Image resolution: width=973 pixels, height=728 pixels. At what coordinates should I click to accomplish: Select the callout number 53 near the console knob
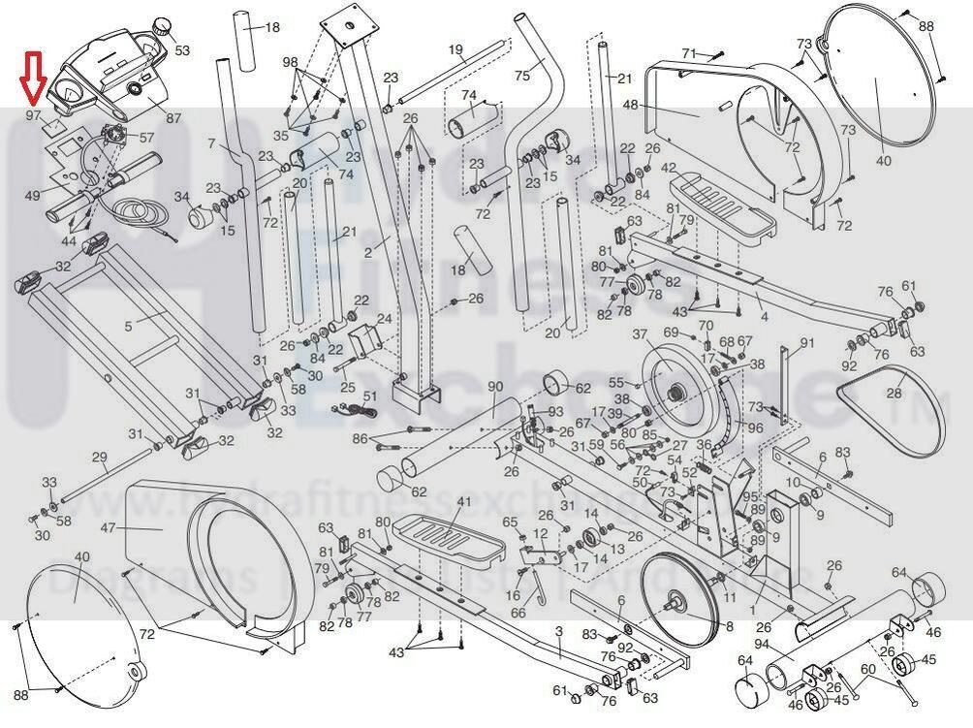tap(182, 48)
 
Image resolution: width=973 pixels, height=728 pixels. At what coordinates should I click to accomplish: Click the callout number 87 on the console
tap(173, 118)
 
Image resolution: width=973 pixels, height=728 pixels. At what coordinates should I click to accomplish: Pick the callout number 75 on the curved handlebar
tap(522, 76)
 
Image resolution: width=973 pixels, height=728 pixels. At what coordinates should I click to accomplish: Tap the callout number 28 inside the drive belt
tap(894, 395)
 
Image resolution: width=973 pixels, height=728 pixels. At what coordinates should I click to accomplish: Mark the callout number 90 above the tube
tap(495, 388)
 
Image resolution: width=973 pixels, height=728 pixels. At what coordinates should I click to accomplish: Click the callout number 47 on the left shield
tap(109, 528)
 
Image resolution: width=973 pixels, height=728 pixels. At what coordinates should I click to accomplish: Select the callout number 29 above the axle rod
tap(99, 457)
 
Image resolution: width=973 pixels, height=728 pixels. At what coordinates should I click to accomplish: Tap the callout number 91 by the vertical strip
tap(807, 342)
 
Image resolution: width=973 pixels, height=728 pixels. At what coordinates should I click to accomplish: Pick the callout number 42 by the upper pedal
tap(668, 168)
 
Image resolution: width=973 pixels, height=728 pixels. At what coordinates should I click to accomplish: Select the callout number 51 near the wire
tap(369, 396)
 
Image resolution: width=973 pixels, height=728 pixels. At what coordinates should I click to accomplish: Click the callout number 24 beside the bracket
tap(385, 319)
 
